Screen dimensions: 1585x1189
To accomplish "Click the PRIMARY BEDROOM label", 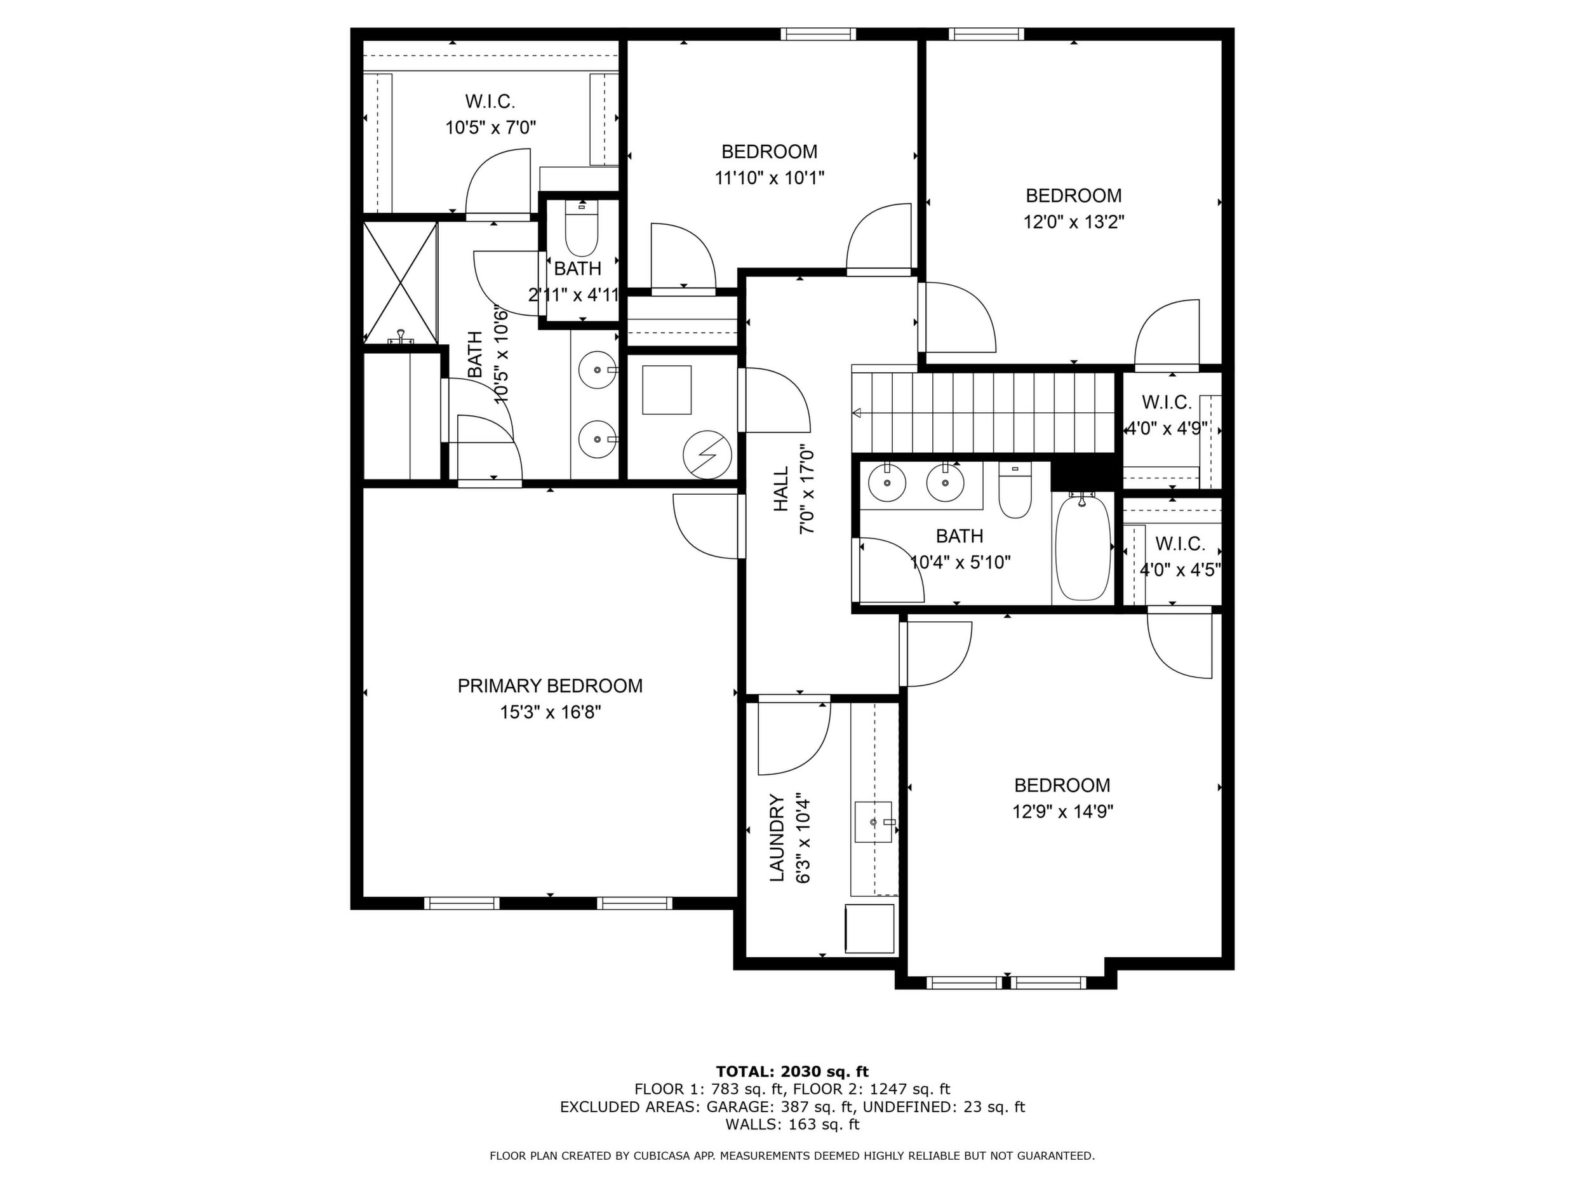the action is click(x=549, y=686).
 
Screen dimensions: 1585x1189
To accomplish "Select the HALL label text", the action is click(x=780, y=490).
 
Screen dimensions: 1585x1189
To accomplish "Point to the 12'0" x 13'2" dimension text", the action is click(x=1073, y=222).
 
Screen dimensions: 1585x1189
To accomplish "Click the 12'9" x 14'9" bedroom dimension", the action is click(x=1062, y=812).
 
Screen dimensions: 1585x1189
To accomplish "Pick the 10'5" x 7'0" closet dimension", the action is click(x=491, y=128).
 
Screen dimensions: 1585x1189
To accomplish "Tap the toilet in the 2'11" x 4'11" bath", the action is click(x=581, y=229).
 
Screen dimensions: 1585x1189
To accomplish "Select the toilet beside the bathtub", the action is click(x=1015, y=492).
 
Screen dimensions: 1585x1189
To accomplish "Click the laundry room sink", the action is click(x=874, y=822).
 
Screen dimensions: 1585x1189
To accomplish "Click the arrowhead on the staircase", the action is click(x=856, y=413).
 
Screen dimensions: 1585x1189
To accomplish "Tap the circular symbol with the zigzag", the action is click(x=707, y=454).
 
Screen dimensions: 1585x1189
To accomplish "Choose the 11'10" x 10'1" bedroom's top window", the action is click(x=817, y=34).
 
